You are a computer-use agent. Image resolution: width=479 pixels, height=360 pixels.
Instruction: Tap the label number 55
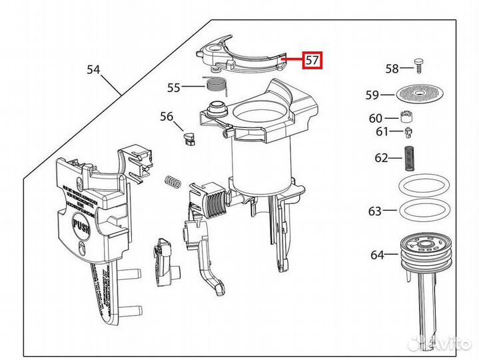(x=174, y=87)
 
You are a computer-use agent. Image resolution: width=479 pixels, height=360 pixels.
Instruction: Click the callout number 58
(x=392, y=69)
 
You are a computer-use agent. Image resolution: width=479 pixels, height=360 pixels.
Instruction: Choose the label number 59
(x=372, y=95)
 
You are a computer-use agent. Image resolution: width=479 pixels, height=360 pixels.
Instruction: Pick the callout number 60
(x=376, y=118)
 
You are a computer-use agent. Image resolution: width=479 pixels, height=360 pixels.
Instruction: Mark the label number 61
(x=381, y=132)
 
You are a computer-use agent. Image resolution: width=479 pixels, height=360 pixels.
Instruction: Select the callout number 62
(x=381, y=158)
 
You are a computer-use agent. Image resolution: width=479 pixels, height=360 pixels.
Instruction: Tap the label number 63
(x=375, y=211)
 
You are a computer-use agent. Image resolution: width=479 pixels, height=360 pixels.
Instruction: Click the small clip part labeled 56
(x=189, y=138)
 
